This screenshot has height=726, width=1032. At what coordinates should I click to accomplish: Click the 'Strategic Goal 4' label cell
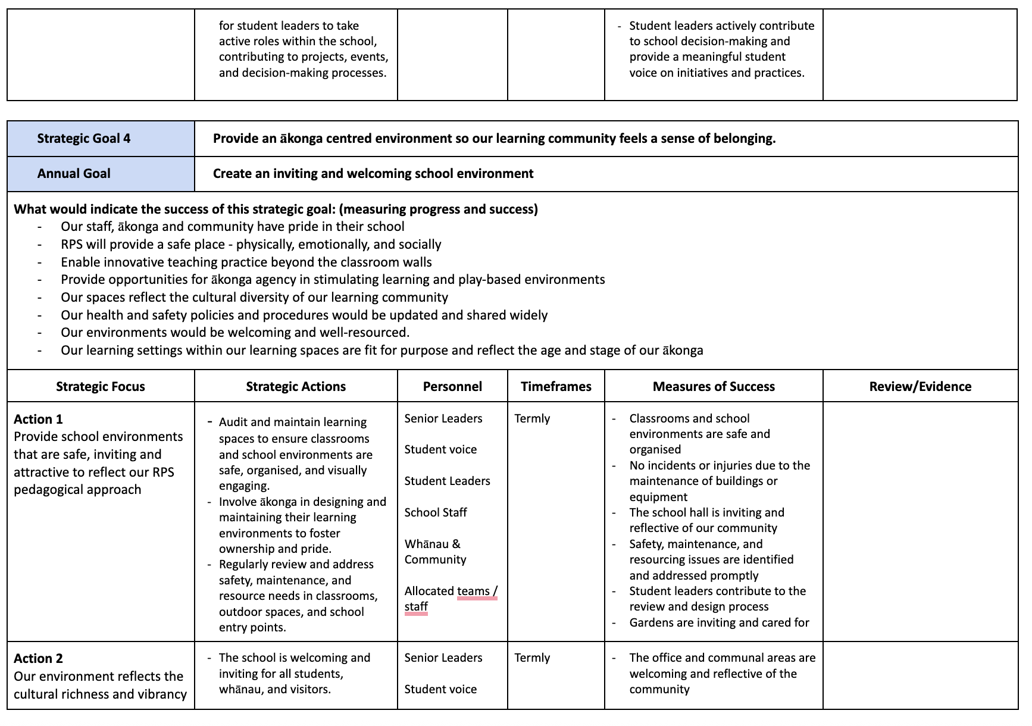83,139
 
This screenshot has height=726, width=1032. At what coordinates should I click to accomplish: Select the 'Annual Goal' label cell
74,174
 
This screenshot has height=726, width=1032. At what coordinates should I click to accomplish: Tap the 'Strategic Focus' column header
101,387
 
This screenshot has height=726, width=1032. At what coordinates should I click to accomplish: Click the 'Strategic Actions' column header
296,387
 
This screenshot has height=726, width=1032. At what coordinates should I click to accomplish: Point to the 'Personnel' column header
452,387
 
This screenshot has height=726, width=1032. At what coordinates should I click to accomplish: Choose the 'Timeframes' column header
556,387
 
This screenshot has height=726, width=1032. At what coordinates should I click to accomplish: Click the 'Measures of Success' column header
714,387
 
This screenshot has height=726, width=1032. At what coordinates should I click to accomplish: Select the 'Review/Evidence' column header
920,387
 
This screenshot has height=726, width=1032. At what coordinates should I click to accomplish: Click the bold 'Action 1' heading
38,419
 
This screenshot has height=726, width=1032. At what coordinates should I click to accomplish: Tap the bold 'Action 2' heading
38,659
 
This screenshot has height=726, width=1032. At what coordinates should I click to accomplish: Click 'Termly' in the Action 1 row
532,419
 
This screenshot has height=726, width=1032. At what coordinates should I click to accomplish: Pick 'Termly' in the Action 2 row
532,658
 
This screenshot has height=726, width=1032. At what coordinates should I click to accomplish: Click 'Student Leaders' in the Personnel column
447,481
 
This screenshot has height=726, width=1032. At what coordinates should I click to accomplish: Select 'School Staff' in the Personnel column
436,513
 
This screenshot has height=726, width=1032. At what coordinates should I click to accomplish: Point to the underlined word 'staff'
416,607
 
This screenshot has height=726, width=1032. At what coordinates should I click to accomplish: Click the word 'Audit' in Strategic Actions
234,423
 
